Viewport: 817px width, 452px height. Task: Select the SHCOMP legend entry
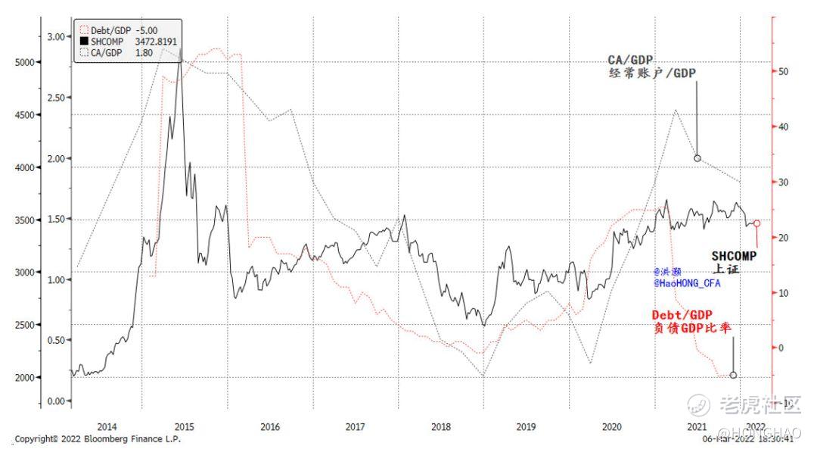point(124,41)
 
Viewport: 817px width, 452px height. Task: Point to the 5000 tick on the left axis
point(26,62)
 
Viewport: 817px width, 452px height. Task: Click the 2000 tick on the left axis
point(26,377)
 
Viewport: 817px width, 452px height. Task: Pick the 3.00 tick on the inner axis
point(56,36)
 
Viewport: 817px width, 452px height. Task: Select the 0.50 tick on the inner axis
point(56,340)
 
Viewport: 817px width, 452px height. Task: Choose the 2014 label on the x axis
point(107,426)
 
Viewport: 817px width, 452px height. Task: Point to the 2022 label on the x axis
point(756,426)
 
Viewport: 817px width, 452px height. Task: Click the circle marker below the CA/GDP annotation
point(697,158)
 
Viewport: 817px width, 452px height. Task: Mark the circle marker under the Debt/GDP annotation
point(733,375)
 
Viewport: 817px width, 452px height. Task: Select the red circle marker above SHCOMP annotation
point(757,223)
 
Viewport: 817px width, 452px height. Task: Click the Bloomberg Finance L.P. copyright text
point(98,438)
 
